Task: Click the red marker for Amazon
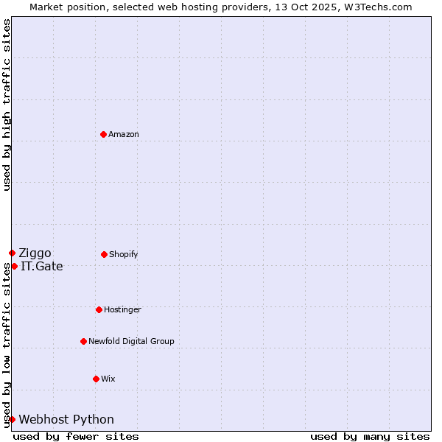103,134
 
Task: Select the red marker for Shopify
104,254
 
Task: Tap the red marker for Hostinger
99,309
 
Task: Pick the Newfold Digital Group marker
83,341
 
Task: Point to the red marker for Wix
96,379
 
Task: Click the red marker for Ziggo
12,253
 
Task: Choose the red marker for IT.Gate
14,266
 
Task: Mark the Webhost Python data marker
12,419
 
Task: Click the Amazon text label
124,134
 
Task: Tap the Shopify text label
124,254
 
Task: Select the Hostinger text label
122,309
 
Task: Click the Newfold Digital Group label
131,341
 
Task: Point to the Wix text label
108,379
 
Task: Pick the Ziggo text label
35,253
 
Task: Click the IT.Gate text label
42,267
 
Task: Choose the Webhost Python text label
66,420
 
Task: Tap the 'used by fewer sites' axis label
76,436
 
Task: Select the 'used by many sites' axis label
370,436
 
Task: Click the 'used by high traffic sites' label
7,105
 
